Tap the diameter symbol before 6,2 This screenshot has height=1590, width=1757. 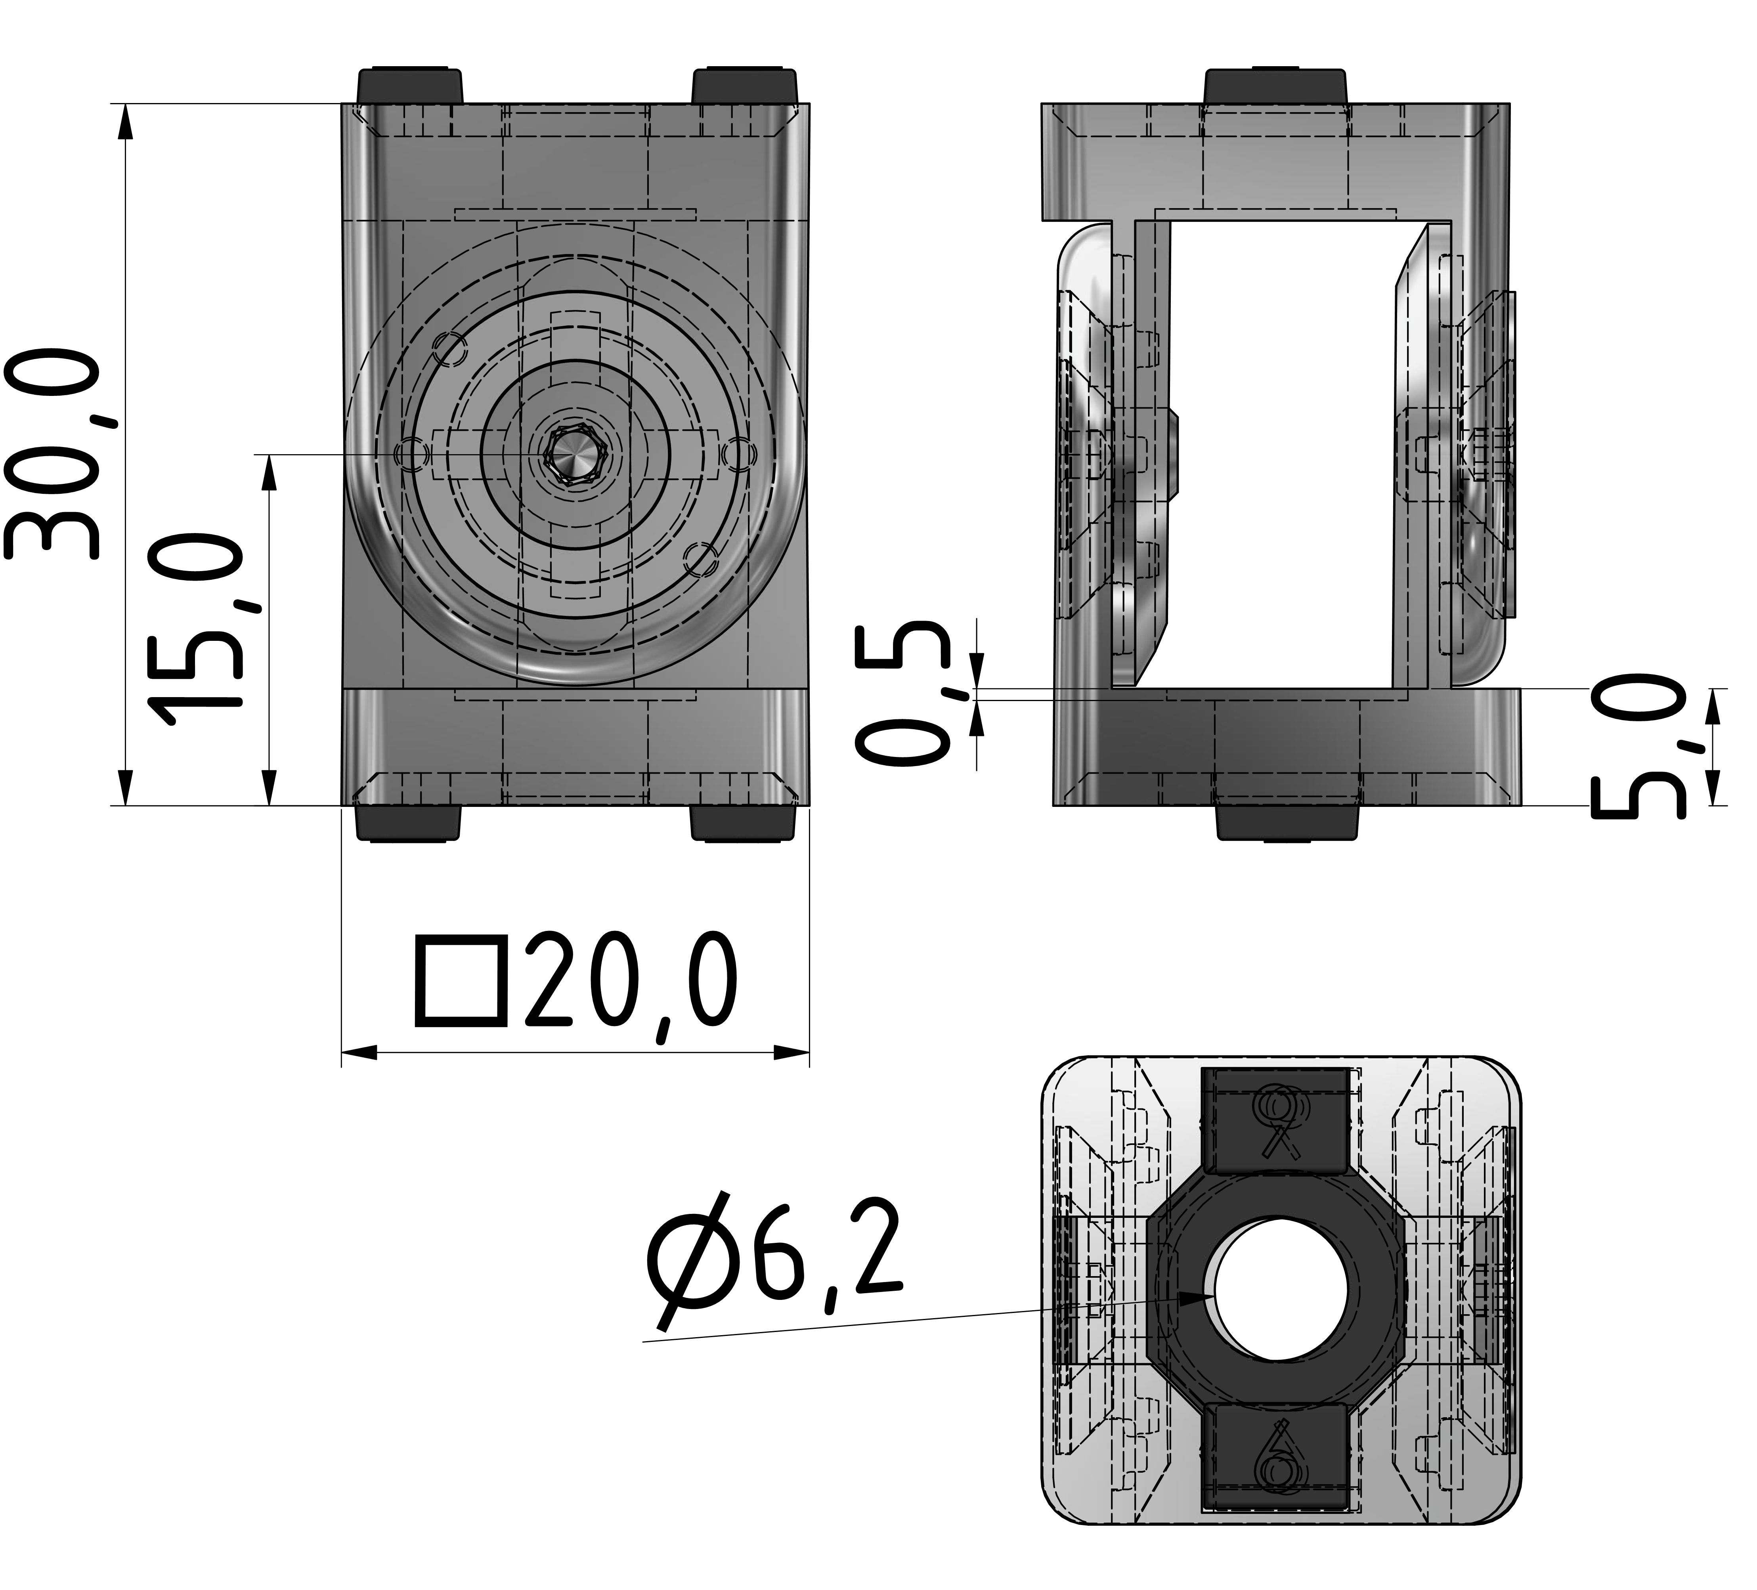(x=688, y=1272)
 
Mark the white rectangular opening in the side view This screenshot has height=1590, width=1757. (x=1281, y=453)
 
